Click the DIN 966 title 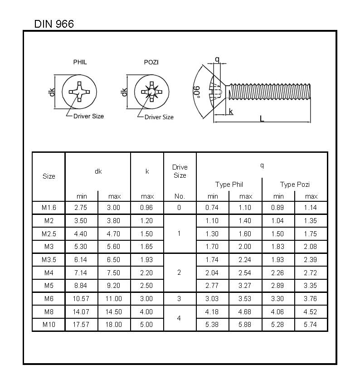coord(54,24)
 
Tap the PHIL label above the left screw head coord(80,62)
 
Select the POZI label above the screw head coord(151,62)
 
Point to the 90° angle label coord(196,91)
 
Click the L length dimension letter coord(262,118)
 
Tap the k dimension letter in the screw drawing coord(231,112)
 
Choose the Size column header coord(49,176)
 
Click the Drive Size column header coord(180,171)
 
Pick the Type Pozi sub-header coord(294,185)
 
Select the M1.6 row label coord(49,208)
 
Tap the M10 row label coord(49,325)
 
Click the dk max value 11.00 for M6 coord(114,299)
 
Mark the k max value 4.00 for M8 coord(147,312)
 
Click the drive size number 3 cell coord(179,299)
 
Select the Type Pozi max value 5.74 coord(311,325)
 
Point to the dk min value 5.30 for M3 coord(81,247)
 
